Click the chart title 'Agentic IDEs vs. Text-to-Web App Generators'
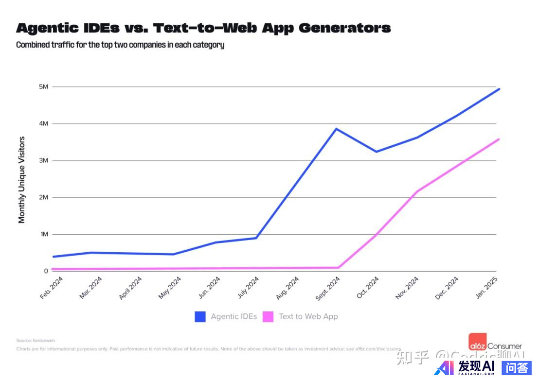pyautogui.click(x=203, y=28)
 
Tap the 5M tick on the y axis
pyautogui.click(x=43, y=87)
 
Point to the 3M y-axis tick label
pyautogui.click(x=43, y=160)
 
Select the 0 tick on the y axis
pyautogui.click(x=46, y=271)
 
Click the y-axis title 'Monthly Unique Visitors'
pyautogui.click(x=21, y=180)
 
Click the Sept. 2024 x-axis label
pyautogui.click(x=328, y=288)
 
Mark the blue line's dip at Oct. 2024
pyautogui.click(x=377, y=152)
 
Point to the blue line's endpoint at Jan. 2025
pyautogui.click(x=499, y=89)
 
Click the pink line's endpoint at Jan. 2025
pyautogui.click(x=499, y=139)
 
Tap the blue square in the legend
pyautogui.click(x=200, y=317)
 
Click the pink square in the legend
pyautogui.click(x=268, y=317)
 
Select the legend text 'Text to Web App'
pyautogui.click(x=308, y=317)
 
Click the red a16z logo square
pyautogui.click(x=477, y=340)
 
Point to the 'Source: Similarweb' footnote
pyautogui.click(x=36, y=341)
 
